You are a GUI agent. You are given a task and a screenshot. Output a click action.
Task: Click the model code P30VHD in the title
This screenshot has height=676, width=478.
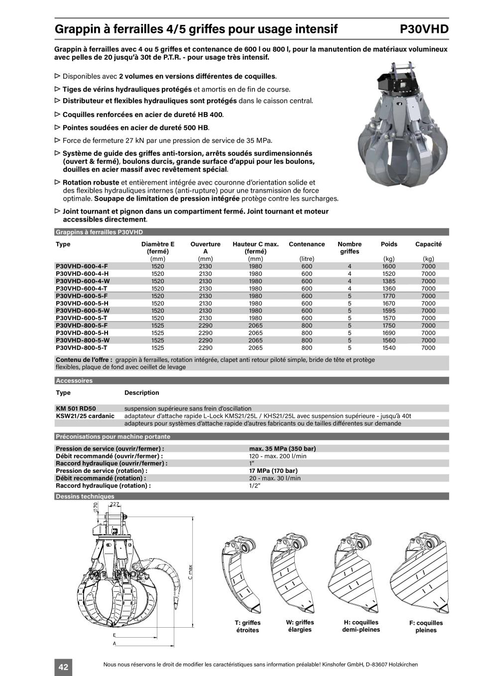(424, 29)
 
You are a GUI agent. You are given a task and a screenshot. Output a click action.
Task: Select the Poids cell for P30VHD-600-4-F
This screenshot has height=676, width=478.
(388, 266)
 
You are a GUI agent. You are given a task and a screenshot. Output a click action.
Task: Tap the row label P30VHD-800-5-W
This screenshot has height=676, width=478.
(83, 340)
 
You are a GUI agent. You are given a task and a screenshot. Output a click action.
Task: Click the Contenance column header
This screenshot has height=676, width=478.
(307, 244)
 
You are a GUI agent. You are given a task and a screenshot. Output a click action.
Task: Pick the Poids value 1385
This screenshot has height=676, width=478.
(388, 281)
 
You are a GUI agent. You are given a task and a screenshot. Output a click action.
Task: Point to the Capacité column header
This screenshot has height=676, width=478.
(428, 244)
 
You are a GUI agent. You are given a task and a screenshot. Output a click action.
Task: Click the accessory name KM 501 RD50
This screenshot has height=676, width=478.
(76, 408)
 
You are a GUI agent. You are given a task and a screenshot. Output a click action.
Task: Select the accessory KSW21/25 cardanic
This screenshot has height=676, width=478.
(85, 416)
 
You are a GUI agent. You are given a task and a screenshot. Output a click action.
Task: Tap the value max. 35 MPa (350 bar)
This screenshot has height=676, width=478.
(282, 449)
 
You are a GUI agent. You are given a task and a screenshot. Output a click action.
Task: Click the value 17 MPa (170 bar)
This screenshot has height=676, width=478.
(273, 470)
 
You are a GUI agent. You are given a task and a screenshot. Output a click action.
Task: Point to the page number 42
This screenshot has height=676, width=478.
(63, 667)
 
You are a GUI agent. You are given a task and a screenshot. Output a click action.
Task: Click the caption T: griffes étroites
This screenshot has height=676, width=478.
(247, 626)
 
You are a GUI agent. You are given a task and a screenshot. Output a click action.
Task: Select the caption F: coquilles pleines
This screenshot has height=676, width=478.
(426, 626)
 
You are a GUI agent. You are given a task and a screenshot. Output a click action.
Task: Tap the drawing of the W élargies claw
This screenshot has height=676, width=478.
(293, 572)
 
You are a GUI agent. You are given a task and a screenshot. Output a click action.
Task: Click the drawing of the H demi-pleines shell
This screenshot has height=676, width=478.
(355, 572)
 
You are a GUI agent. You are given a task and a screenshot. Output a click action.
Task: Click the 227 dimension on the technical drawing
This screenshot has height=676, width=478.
(115, 504)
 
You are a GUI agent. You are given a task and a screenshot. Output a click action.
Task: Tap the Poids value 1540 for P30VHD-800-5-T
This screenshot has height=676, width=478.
(388, 348)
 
